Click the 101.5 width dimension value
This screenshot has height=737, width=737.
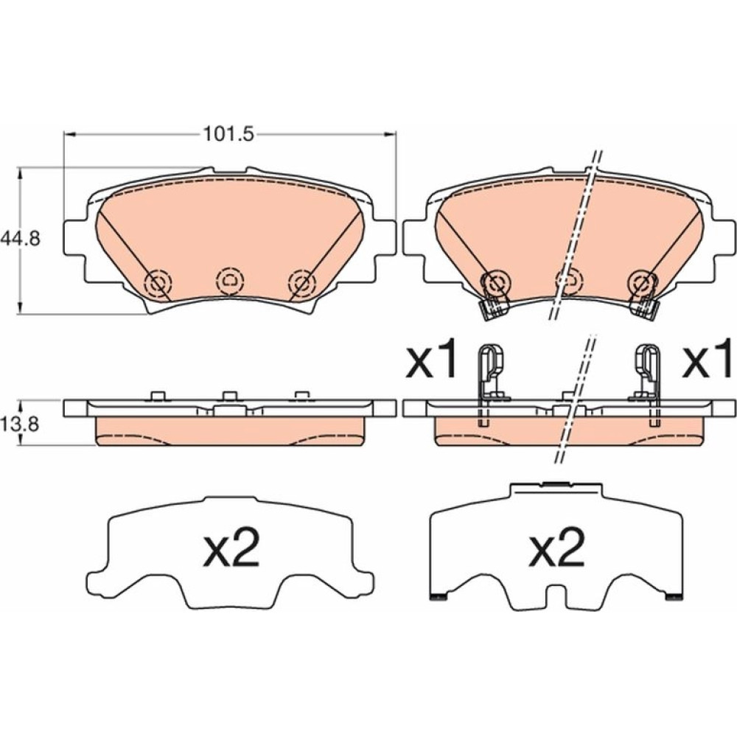(x=228, y=134)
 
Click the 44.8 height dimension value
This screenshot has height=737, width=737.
(x=20, y=239)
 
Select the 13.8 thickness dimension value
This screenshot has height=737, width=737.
(x=20, y=425)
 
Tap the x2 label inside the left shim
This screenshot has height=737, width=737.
(x=231, y=548)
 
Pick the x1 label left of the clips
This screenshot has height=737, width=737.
(x=431, y=359)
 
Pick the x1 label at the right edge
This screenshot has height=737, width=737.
(x=707, y=359)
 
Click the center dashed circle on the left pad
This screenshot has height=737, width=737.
(x=230, y=281)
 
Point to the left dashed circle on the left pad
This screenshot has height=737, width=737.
(x=158, y=283)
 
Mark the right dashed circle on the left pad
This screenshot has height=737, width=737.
(x=301, y=283)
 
